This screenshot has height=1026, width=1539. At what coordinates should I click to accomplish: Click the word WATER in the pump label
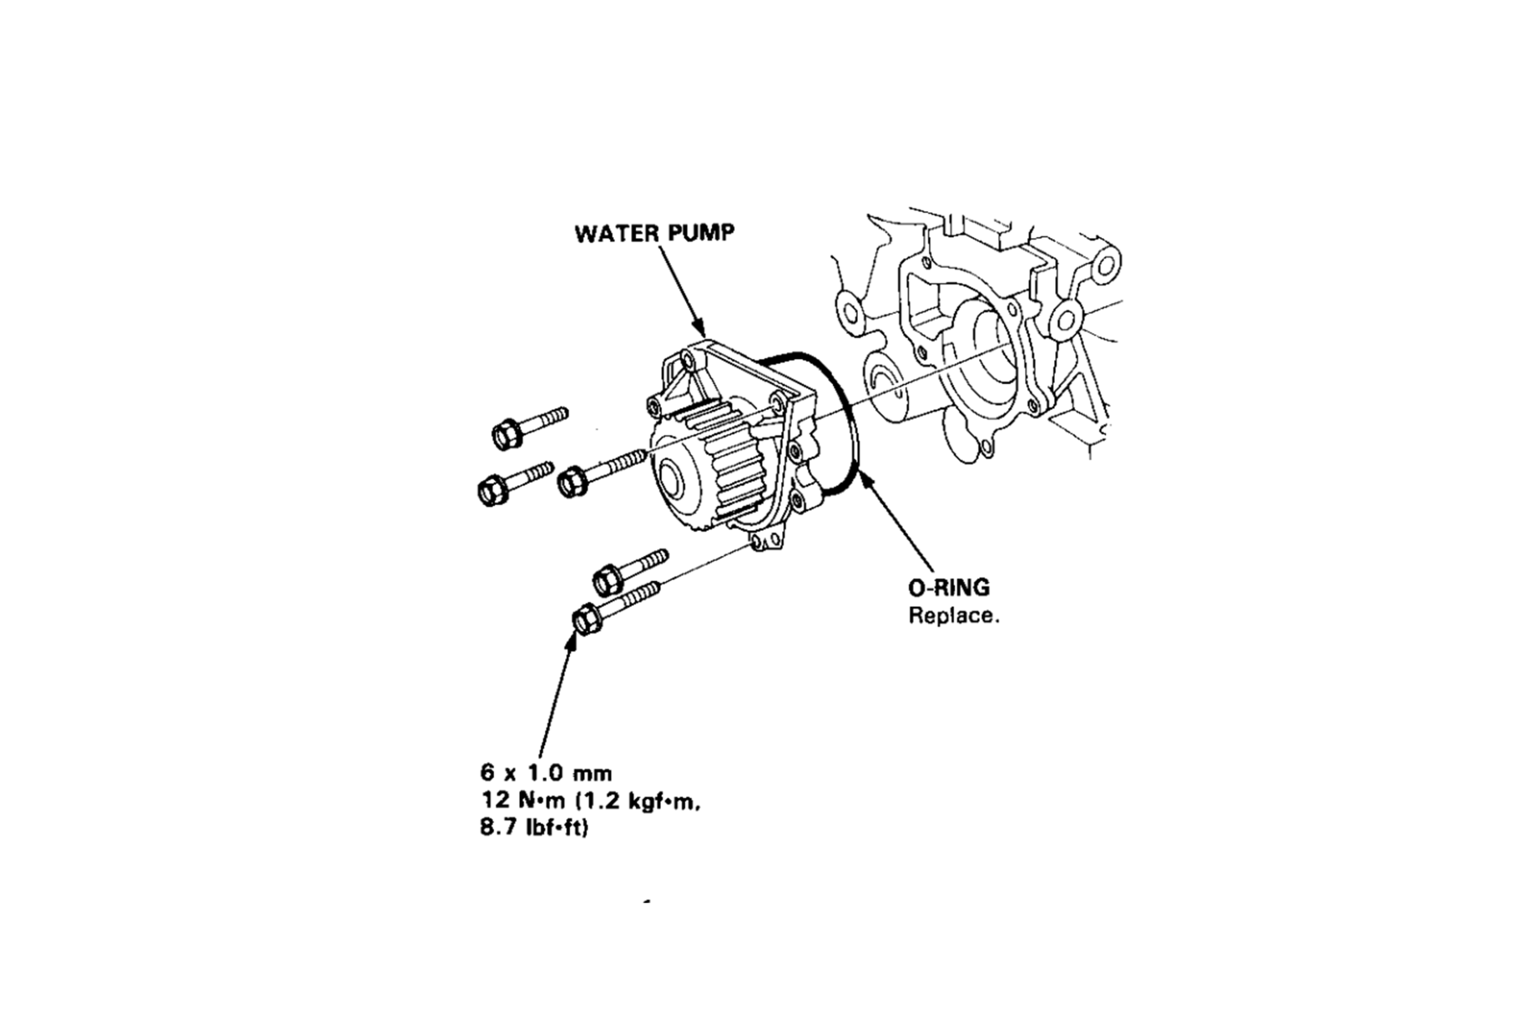(613, 234)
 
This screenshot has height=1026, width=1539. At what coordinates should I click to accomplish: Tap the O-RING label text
(948, 588)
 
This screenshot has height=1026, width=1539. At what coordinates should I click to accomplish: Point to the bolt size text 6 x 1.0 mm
(546, 774)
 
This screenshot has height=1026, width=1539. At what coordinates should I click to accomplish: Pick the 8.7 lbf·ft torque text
(534, 828)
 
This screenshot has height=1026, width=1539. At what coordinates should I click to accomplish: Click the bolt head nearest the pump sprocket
(572, 481)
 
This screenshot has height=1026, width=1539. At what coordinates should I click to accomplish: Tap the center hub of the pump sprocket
(671, 481)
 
